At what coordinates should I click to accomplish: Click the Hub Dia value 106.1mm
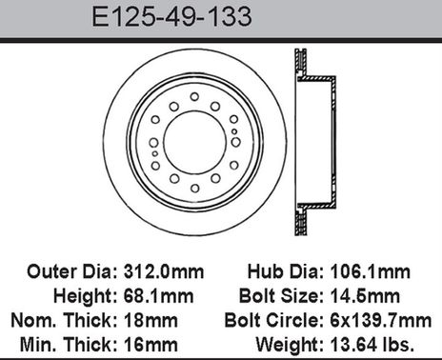click(390, 272)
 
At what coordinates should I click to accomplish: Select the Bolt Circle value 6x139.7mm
click(394, 317)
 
